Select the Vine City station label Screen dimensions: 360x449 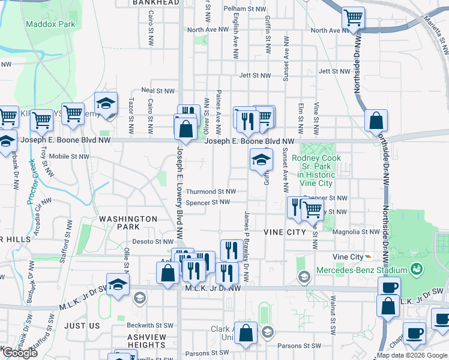point(349,257)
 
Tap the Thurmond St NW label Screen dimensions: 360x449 point(208,191)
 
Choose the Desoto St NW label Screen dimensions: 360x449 point(152,242)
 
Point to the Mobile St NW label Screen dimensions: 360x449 point(69,156)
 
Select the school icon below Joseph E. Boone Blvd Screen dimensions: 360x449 point(261,159)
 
